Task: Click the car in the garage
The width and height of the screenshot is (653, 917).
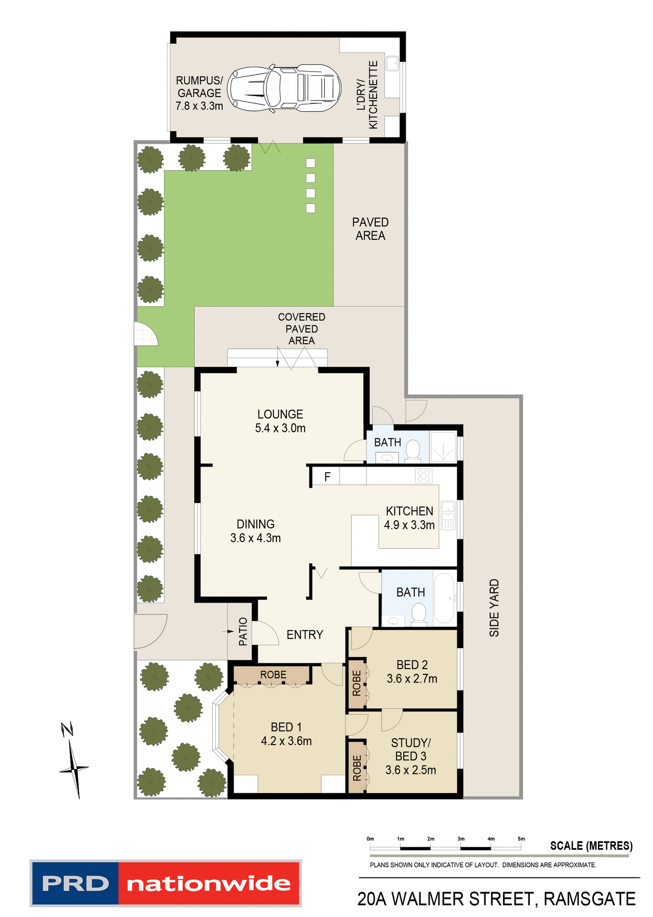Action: (x=284, y=88)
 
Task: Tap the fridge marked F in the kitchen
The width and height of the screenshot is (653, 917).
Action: (x=327, y=477)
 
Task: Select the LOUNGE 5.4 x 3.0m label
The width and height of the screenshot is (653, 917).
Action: (x=280, y=421)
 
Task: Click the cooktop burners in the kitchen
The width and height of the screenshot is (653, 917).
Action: (x=423, y=476)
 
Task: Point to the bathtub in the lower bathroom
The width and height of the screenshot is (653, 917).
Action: (x=444, y=598)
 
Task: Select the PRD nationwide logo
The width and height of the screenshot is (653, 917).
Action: (x=165, y=884)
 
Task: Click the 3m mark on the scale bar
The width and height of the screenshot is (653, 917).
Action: (x=461, y=848)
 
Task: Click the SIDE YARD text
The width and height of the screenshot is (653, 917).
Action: (x=494, y=608)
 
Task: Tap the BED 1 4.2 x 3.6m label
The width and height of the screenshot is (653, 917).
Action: (x=286, y=734)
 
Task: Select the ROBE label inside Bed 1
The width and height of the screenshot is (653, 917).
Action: (x=273, y=675)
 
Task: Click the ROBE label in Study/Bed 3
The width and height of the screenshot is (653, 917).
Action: (x=357, y=768)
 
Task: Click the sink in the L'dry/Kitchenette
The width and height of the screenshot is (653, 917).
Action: (x=392, y=63)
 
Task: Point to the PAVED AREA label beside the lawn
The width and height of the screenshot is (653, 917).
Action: (x=370, y=229)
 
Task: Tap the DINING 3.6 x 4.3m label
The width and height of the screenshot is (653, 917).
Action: (x=255, y=531)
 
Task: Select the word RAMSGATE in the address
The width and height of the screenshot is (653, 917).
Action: (x=590, y=899)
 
